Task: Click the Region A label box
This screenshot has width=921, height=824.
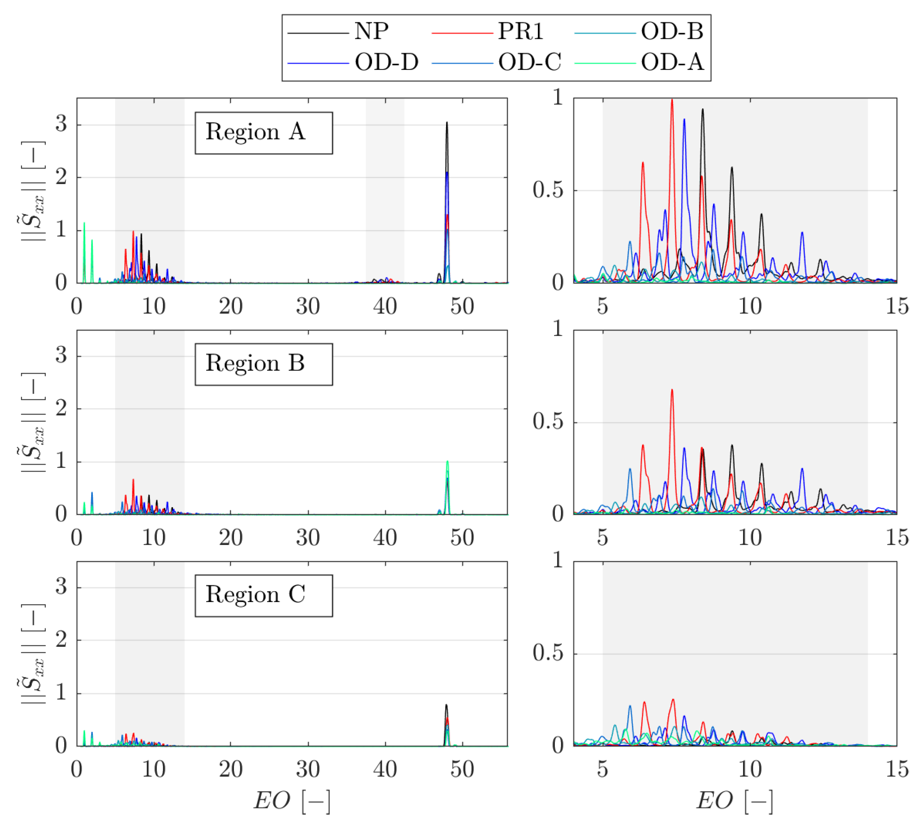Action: click(263, 133)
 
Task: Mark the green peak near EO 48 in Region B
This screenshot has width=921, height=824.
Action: click(447, 461)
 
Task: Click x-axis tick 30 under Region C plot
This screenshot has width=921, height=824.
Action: click(308, 770)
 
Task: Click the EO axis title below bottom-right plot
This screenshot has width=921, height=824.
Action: click(734, 800)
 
